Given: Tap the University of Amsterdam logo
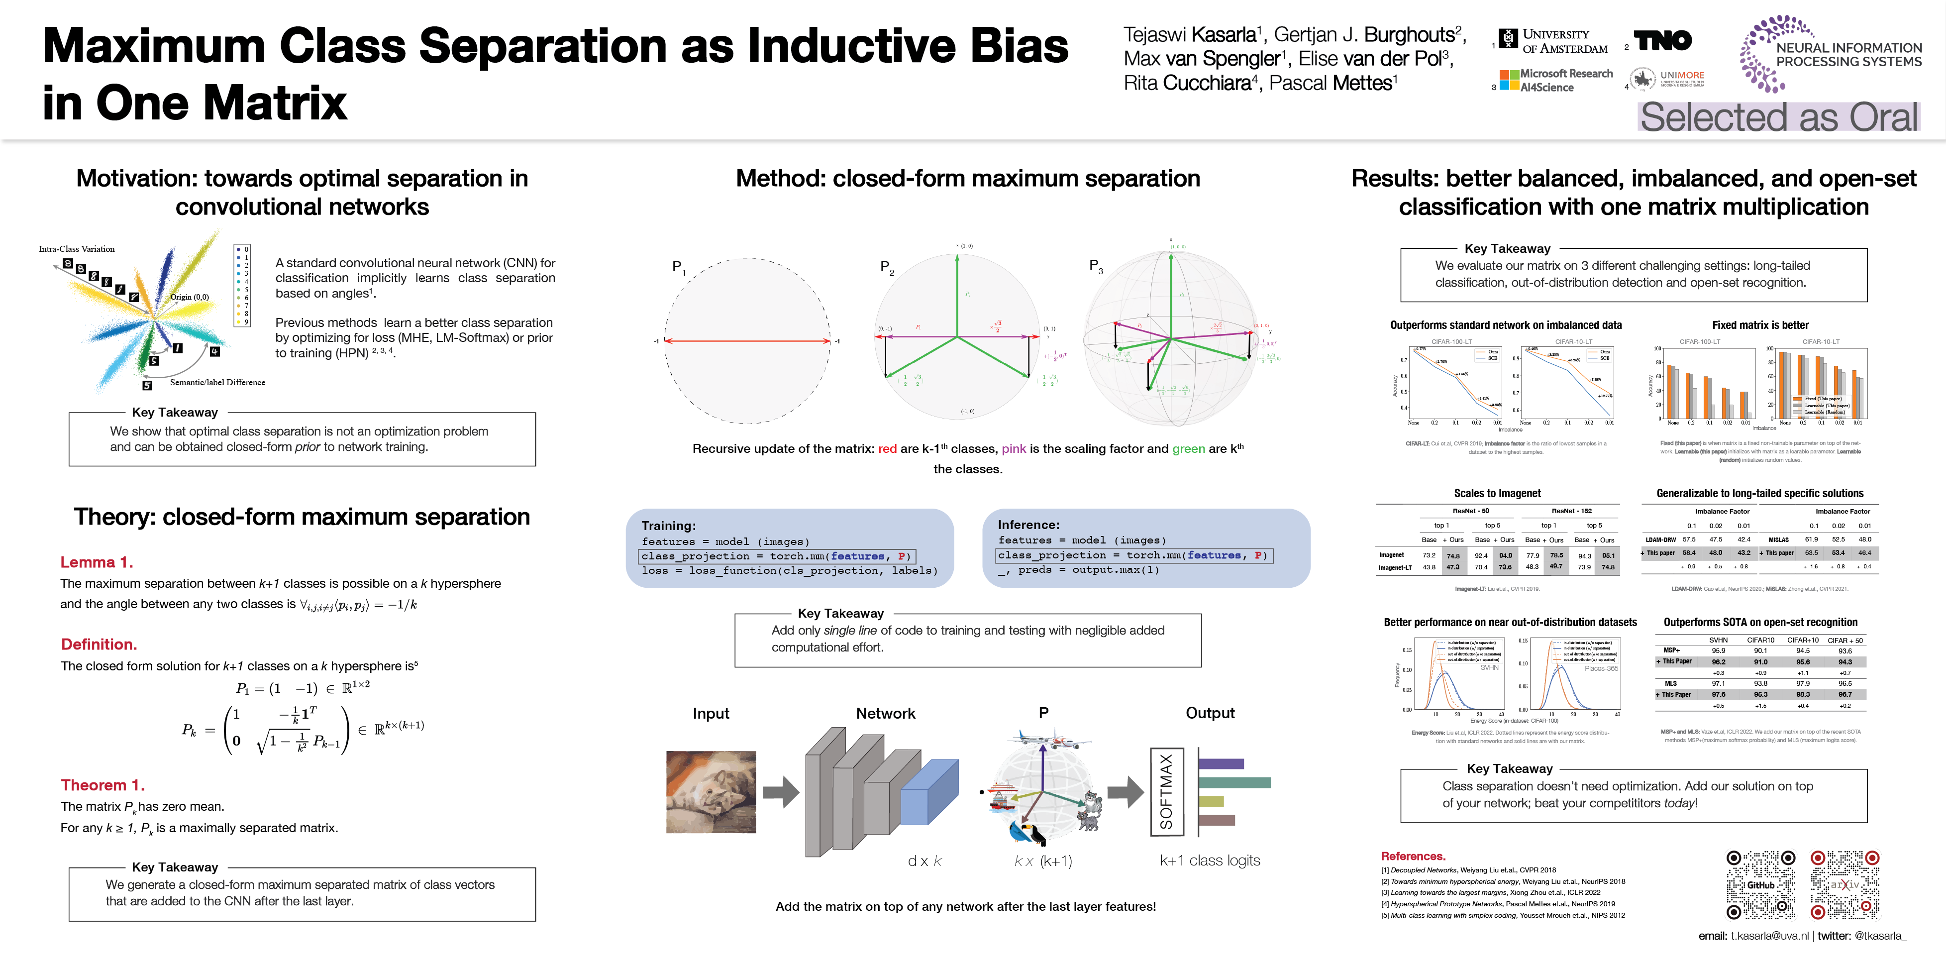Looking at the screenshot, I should tap(1555, 41).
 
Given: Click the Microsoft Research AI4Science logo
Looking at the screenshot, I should tap(1556, 80).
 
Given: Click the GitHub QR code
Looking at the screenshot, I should tap(1760, 885).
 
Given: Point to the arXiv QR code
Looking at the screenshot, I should tap(1845, 885).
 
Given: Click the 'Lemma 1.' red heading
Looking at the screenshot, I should tap(97, 562).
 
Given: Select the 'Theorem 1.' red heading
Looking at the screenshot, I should tap(102, 785).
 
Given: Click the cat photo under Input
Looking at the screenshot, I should tap(711, 792).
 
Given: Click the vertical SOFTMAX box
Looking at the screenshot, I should tap(1166, 792).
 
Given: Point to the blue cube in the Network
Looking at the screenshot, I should tap(928, 793).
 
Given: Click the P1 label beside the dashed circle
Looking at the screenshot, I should tap(678, 267).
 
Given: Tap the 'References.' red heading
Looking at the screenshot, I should tap(1413, 856).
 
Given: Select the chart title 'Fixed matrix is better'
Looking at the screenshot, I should tap(1760, 325).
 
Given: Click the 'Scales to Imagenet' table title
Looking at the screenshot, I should tap(1497, 493).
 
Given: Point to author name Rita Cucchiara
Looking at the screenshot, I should tap(1187, 83).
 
